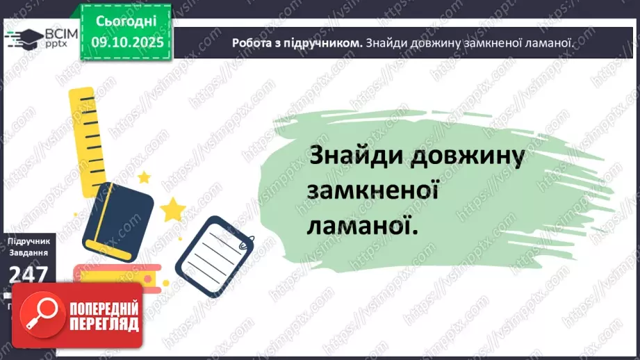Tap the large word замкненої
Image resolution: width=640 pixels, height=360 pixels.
[371, 190]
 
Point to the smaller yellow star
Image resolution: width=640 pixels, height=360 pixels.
[144, 177]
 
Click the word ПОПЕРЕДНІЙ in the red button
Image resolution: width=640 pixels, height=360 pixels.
[105, 309]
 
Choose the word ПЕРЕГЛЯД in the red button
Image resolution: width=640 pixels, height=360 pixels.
[105, 324]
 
